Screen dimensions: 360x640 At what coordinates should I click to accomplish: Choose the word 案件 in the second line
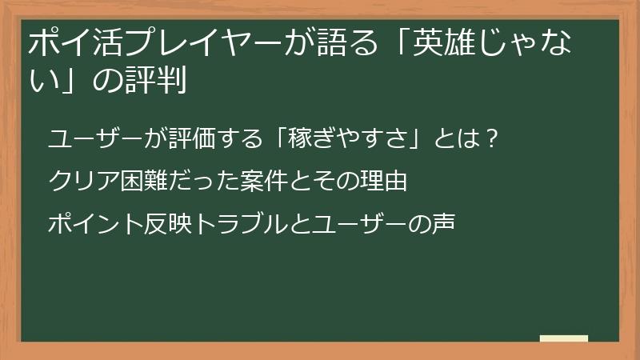(253, 181)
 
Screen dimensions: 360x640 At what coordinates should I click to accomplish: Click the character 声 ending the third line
(444, 223)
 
